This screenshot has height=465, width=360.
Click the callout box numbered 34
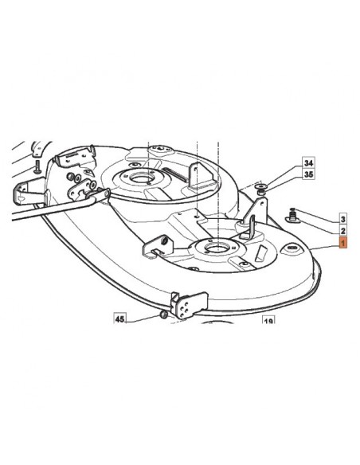pos(308,162)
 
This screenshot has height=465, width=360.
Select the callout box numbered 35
pos(308,174)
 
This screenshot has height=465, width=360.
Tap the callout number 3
pos(342,220)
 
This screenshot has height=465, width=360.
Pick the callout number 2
pos(342,231)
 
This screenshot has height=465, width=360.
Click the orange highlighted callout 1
pos(342,243)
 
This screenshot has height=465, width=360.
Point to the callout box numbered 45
pos(119,318)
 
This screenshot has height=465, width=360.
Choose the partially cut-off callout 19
pos(268,320)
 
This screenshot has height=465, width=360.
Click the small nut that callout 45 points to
pos(163,315)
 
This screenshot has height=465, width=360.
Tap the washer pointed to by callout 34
pos(260,186)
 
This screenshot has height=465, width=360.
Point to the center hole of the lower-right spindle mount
pos(218,247)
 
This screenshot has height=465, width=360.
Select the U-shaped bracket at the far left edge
pos(29,192)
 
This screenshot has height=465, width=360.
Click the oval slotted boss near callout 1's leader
pos(292,248)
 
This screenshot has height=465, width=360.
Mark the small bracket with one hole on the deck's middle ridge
pos(158,246)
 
